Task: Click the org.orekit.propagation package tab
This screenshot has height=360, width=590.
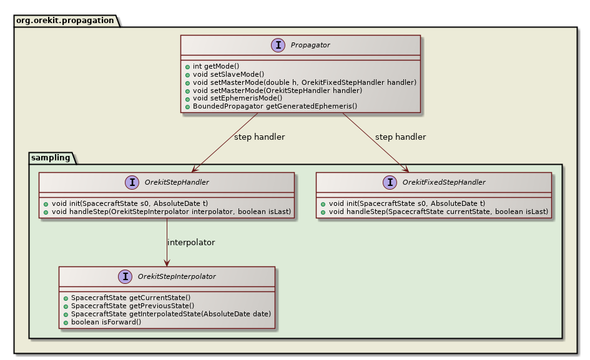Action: (65, 20)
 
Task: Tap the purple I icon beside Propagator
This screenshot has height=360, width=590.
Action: (278, 46)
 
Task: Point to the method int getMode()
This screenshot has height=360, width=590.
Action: (216, 66)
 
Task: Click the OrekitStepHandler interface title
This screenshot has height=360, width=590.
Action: (177, 182)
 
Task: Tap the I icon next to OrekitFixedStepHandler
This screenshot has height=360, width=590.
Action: (390, 182)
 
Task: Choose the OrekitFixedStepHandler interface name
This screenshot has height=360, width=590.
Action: (444, 182)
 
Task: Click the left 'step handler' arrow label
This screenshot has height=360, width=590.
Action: (259, 137)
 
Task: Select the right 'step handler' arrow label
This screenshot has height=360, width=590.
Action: (400, 137)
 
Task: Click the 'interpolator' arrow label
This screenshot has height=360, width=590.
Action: (191, 242)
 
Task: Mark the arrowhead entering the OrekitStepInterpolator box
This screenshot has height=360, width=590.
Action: (167, 263)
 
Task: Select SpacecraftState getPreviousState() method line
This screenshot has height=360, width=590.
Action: (132, 306)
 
